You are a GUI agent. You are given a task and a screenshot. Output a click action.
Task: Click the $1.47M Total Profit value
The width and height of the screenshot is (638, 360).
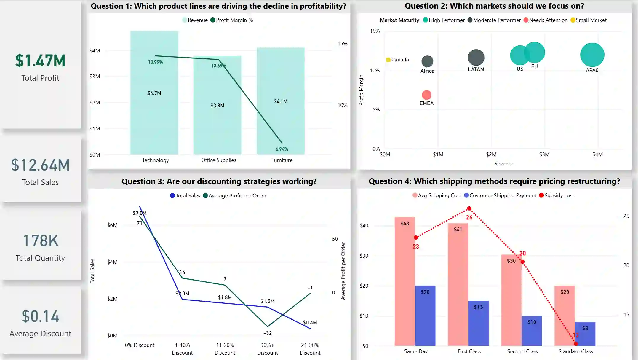click(x=40, y=60)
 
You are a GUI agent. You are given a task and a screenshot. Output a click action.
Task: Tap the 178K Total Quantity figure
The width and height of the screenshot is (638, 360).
click(x=41, y=240)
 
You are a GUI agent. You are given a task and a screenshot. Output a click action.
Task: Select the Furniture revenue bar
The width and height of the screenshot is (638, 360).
click(x=280, y=119)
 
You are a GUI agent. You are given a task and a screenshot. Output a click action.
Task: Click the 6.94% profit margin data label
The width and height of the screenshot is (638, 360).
click(x=282, y=149)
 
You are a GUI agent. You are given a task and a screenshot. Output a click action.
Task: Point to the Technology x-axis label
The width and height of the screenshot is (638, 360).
click(x=155, y=160)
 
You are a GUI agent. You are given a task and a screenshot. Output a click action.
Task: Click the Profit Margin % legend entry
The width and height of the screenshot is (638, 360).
click(x=231, y=20)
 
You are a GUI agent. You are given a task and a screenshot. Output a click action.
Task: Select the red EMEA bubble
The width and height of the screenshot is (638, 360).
click(x=426, y=95)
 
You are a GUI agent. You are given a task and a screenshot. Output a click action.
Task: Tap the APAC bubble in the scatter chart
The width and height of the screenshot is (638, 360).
click(x=592, y=55)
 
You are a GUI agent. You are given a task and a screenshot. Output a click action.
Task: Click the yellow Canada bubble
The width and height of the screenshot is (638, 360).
click(x=388, y=60)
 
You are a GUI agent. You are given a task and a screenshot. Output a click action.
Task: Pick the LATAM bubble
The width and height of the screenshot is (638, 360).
click(x=476, y=58)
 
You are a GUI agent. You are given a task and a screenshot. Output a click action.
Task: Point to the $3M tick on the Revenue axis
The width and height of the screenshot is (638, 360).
click(x=544, y=154)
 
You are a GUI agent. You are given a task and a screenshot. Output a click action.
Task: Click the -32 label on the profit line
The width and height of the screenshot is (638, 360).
click(x=267, y=333)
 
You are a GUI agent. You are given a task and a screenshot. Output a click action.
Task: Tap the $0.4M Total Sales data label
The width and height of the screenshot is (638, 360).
click(x=310, y=323)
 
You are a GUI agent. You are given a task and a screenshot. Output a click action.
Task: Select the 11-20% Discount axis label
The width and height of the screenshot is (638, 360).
click(x=225, y=349)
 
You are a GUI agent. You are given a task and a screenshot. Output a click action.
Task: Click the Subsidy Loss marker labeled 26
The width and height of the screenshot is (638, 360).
click(x=469, y=209)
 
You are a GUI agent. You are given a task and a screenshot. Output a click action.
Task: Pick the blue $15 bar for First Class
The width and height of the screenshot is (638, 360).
click(x=478, y=323)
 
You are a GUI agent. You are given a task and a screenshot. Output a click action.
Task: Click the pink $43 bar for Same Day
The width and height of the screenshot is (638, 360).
click(x=404, y=282)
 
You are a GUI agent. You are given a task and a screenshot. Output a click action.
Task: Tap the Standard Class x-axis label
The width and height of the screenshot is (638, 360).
click(x=575, y=351)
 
